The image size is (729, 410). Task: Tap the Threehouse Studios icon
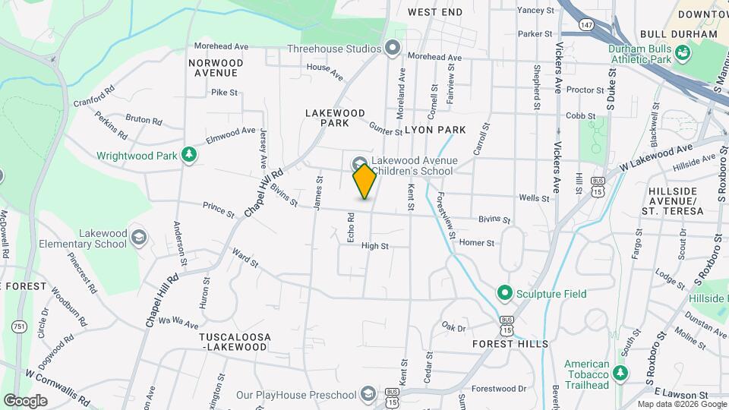pos(393,49)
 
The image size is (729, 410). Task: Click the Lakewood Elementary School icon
pos(138,238)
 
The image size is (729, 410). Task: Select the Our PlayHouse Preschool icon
pos(368,394)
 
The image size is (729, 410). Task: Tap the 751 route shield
pos(18,326)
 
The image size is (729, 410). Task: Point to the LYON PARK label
pos(435,130)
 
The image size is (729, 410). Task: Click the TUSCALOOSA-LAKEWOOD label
pos(233,341)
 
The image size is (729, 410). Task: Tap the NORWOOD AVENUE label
pos(216,68)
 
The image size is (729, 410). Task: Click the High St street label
pos(374,246)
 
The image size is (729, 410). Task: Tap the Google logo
pos(25,400)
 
